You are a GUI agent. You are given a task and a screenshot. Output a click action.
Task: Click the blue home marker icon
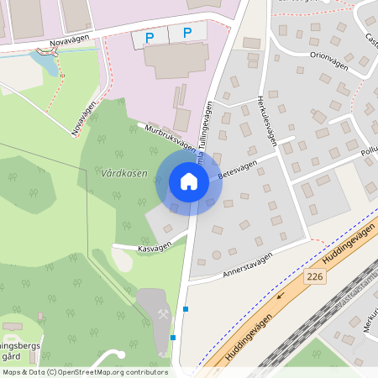pyautogui.click(x=189, y=181)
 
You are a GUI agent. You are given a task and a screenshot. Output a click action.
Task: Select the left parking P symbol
pyautogui.click(x=150, y=37)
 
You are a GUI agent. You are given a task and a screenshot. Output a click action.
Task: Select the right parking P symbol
pyautogui.click(x=187, y=34)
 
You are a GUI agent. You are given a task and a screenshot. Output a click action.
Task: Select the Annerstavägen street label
pyautogui.click(x=249, y=265)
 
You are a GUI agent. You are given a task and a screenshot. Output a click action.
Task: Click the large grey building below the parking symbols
pyautogui.click(x=176, y=60)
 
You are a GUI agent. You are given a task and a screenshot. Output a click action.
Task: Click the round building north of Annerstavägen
pyautogui.click(x=216, y=255)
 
